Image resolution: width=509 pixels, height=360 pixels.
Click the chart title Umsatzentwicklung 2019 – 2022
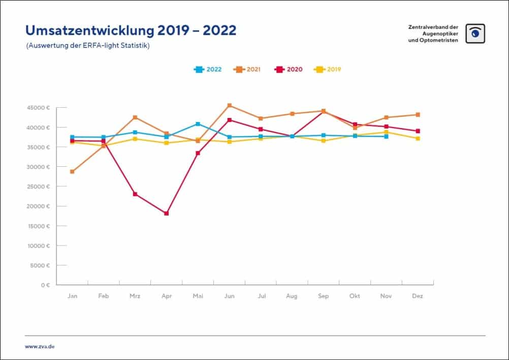tap(131, 31)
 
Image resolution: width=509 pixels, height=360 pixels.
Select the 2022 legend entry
tap(208, 69)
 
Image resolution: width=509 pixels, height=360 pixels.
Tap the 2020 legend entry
tap(289, 69)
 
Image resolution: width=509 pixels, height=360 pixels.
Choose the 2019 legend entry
tap(328, 69)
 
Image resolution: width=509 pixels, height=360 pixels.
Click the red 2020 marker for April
tap(166, 214)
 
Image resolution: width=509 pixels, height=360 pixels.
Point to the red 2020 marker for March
tap(135, 194)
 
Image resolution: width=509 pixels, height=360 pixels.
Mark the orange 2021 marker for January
tap(72, 171)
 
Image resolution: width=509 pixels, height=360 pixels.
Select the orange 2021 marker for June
tap(230, 105)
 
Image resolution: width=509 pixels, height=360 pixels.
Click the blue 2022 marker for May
tap(198, 124)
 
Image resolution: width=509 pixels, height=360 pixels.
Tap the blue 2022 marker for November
tap(387, 136)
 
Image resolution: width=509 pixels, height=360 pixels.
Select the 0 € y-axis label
tap(45, 285)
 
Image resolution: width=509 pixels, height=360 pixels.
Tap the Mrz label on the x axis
tap(135, 296)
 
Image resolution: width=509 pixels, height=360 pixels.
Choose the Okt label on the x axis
tap(355, 296)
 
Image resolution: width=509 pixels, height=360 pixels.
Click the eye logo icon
tap(475, 34)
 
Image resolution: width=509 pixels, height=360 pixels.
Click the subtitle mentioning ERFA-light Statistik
tap(87, 45)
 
